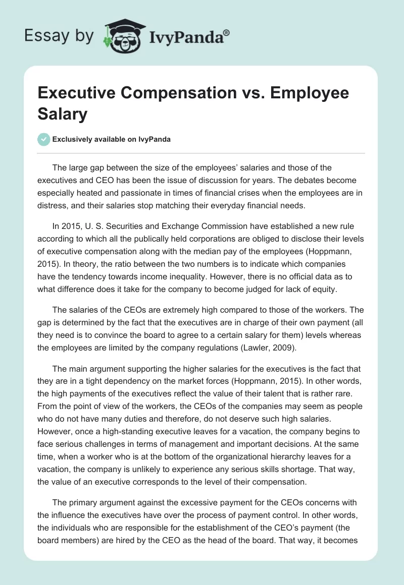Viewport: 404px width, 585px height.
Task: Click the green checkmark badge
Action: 44,139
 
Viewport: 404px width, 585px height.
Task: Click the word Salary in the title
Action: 62,113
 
